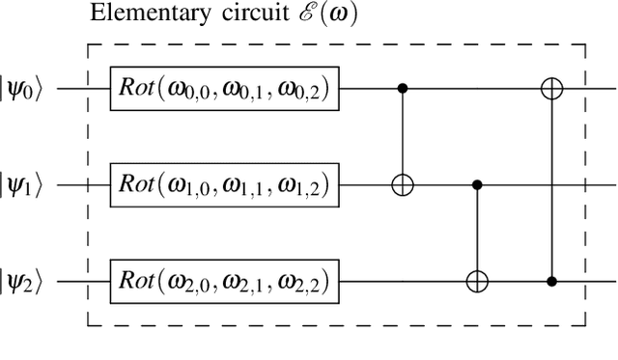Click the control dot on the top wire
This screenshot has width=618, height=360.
click(404, 89)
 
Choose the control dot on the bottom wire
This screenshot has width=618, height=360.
click(552, 281)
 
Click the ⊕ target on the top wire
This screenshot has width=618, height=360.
click(552, 89)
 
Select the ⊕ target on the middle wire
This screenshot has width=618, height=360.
click(404, 184)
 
